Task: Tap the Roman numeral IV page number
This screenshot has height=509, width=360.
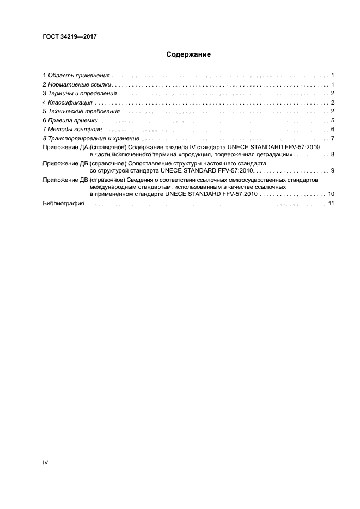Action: [x=45, y=462]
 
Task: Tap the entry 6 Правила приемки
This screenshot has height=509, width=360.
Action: [x=70, y=121]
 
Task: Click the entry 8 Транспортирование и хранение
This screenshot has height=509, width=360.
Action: [x=91, y=139]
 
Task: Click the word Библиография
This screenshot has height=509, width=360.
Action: [x=63, y=203]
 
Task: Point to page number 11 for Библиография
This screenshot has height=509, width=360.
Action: [x=330, y=203]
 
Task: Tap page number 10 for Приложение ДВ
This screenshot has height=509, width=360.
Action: [x=330, y=194]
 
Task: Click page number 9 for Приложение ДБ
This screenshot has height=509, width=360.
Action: [x=332, y=171]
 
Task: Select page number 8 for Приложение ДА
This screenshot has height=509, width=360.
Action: [x=332, y=155]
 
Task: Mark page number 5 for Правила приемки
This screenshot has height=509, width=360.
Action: [x=332, y=121]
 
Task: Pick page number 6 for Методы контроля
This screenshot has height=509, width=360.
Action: [x=332, y=130]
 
